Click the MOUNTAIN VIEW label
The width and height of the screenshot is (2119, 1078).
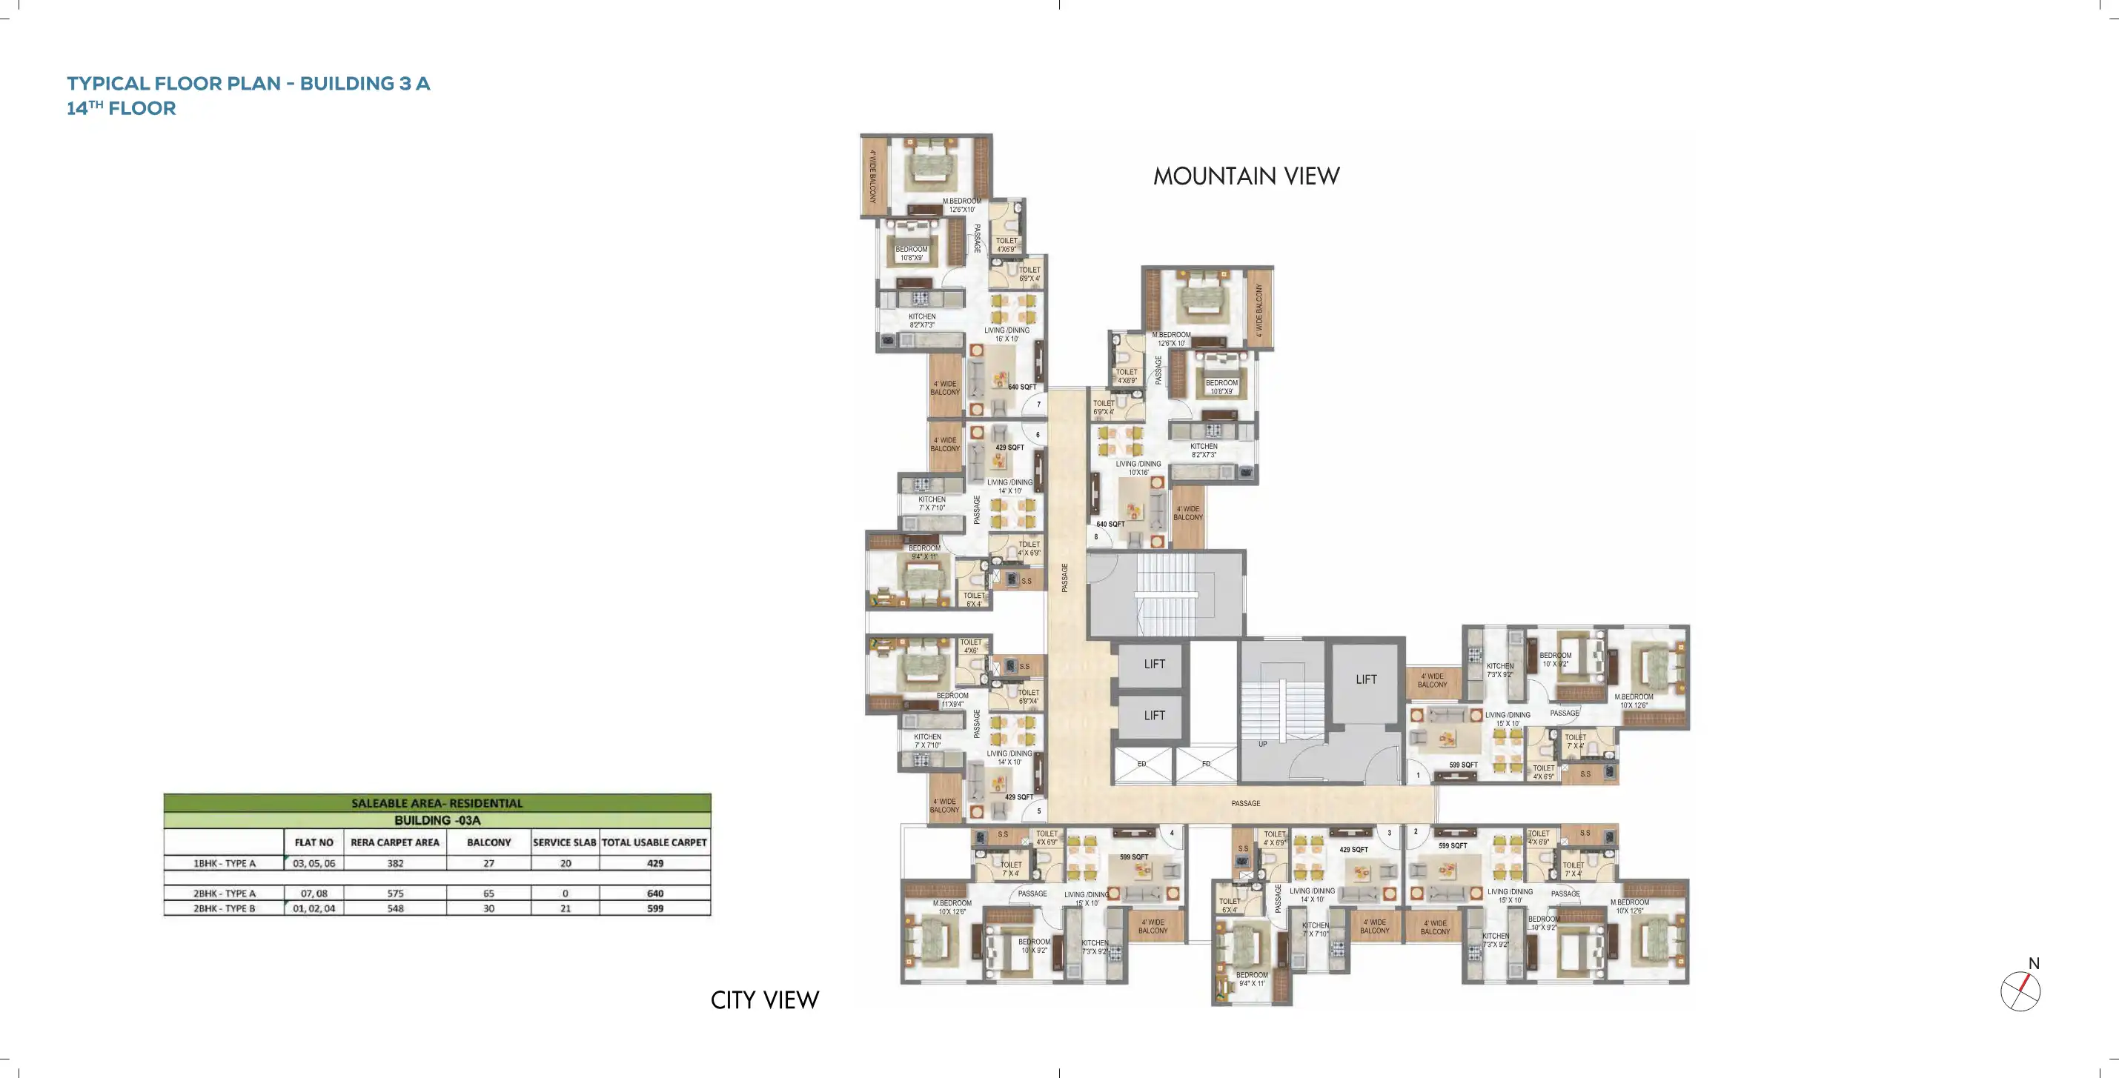click(x=1245, y=176)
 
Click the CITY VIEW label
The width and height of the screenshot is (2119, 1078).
click(x=764, y=1000)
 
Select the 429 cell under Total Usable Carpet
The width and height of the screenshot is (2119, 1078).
click(x=654, y=863)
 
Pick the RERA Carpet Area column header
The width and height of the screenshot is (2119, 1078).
click(x=395, y=842)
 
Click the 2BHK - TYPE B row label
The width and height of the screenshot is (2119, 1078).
click(x=224, y=908)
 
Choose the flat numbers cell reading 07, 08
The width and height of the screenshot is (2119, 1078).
click(x=314, y=893)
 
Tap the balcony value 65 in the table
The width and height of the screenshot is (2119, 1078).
click(x=488, y=893)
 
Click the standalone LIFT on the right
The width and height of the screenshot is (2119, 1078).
click(x=1365, y=679)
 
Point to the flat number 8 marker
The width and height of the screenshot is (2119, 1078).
click(x=1095, y=537)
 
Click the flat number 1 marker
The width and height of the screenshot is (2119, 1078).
click(x=1417, y=774)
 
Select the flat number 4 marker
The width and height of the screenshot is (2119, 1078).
click(x=1173, y=833)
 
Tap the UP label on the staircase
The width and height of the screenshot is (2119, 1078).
click(x=1262, y=744)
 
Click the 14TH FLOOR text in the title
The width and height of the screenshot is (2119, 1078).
click(x=121, y=107)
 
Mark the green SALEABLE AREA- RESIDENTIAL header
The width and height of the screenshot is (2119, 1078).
click(x=437, y=802)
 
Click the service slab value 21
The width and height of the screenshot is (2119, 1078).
click(x=565, y=908)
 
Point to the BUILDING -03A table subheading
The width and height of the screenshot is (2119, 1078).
click(x=437, y=820)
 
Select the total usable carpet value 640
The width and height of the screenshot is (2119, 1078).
click(x=654, y=893)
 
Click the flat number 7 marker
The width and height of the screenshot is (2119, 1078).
click(x=1038, y=405)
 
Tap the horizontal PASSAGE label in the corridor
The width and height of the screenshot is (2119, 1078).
click(x=1245, y=803)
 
